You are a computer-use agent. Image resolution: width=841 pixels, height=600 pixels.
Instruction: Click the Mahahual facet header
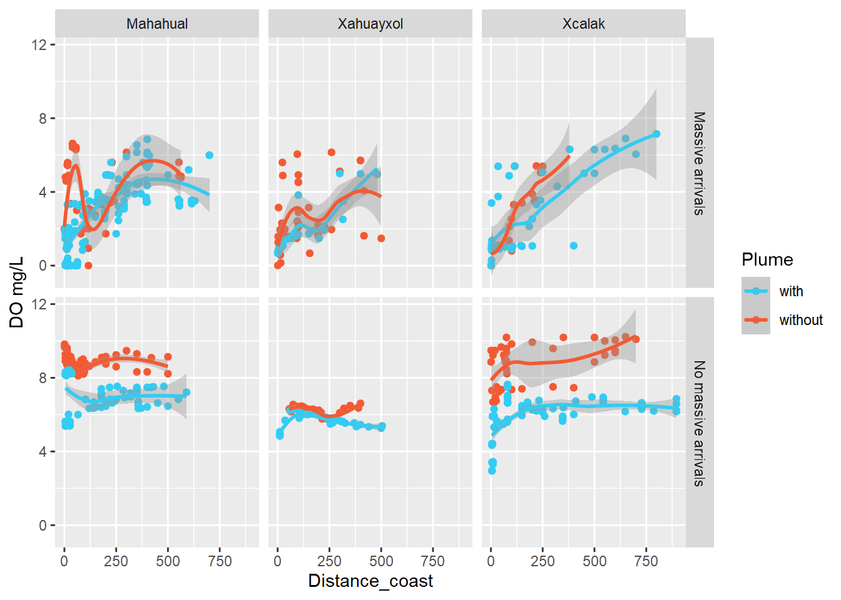pos(157,24)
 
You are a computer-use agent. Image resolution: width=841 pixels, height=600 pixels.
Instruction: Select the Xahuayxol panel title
pos(370,24)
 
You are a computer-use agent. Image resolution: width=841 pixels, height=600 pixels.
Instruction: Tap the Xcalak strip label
pos(583,24)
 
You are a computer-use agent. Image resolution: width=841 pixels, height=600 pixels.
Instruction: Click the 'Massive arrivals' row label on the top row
pos(699,163)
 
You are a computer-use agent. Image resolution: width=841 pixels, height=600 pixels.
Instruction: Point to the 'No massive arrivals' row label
pos(699,423)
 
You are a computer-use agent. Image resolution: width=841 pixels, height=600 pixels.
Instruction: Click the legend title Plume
pos(767,259)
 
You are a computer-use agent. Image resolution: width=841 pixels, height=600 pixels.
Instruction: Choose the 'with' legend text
pos(791,291)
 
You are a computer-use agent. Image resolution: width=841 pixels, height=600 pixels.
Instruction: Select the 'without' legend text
pos(800,320)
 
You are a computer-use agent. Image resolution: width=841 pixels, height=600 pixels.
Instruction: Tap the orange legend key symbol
pos(756,320)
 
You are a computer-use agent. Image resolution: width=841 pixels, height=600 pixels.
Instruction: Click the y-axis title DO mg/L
pos(17,292)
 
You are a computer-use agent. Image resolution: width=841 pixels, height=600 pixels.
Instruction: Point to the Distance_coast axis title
pos(370,581)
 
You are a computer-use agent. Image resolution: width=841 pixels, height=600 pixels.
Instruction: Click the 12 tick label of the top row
pos(39,44)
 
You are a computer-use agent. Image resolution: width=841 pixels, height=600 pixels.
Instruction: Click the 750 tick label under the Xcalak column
pos(646,561)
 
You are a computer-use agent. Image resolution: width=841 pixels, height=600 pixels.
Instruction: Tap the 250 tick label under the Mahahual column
pos(116,561)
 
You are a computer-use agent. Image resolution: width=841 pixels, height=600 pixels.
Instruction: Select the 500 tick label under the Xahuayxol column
pos(381,561)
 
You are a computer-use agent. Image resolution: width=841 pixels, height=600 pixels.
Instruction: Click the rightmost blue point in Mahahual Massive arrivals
pos(209,155)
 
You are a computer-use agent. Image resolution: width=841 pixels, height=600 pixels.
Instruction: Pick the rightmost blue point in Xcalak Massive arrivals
pos(656,134)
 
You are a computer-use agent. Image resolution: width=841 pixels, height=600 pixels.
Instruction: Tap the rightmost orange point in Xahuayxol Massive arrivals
pos(381,238)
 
